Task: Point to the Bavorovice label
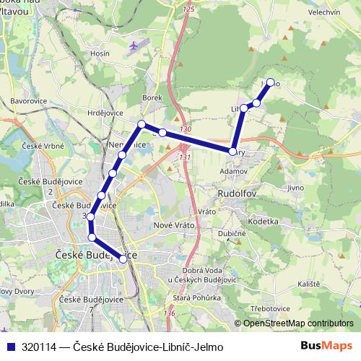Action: tap(29, 100)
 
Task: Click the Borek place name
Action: tap(151, 97)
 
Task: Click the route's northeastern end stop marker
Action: tap(271, 82)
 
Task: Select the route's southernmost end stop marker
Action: tap(123, 258)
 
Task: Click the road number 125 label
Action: tap(189, 9)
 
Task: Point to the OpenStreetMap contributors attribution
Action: tap(298, 323)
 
